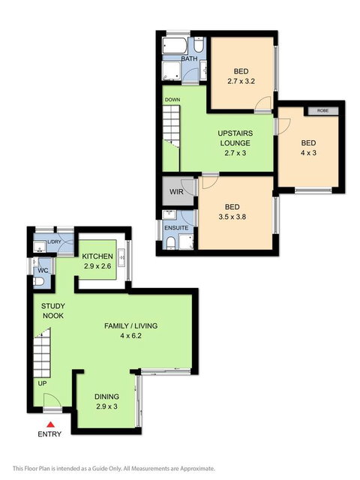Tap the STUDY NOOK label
(52, 310)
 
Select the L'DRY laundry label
(54, 242)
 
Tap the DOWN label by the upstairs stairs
(172, 100)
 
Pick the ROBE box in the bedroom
(322, 111)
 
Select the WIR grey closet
(177, 192)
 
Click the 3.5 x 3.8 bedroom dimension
(234, 215)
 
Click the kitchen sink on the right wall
(121, 260)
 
